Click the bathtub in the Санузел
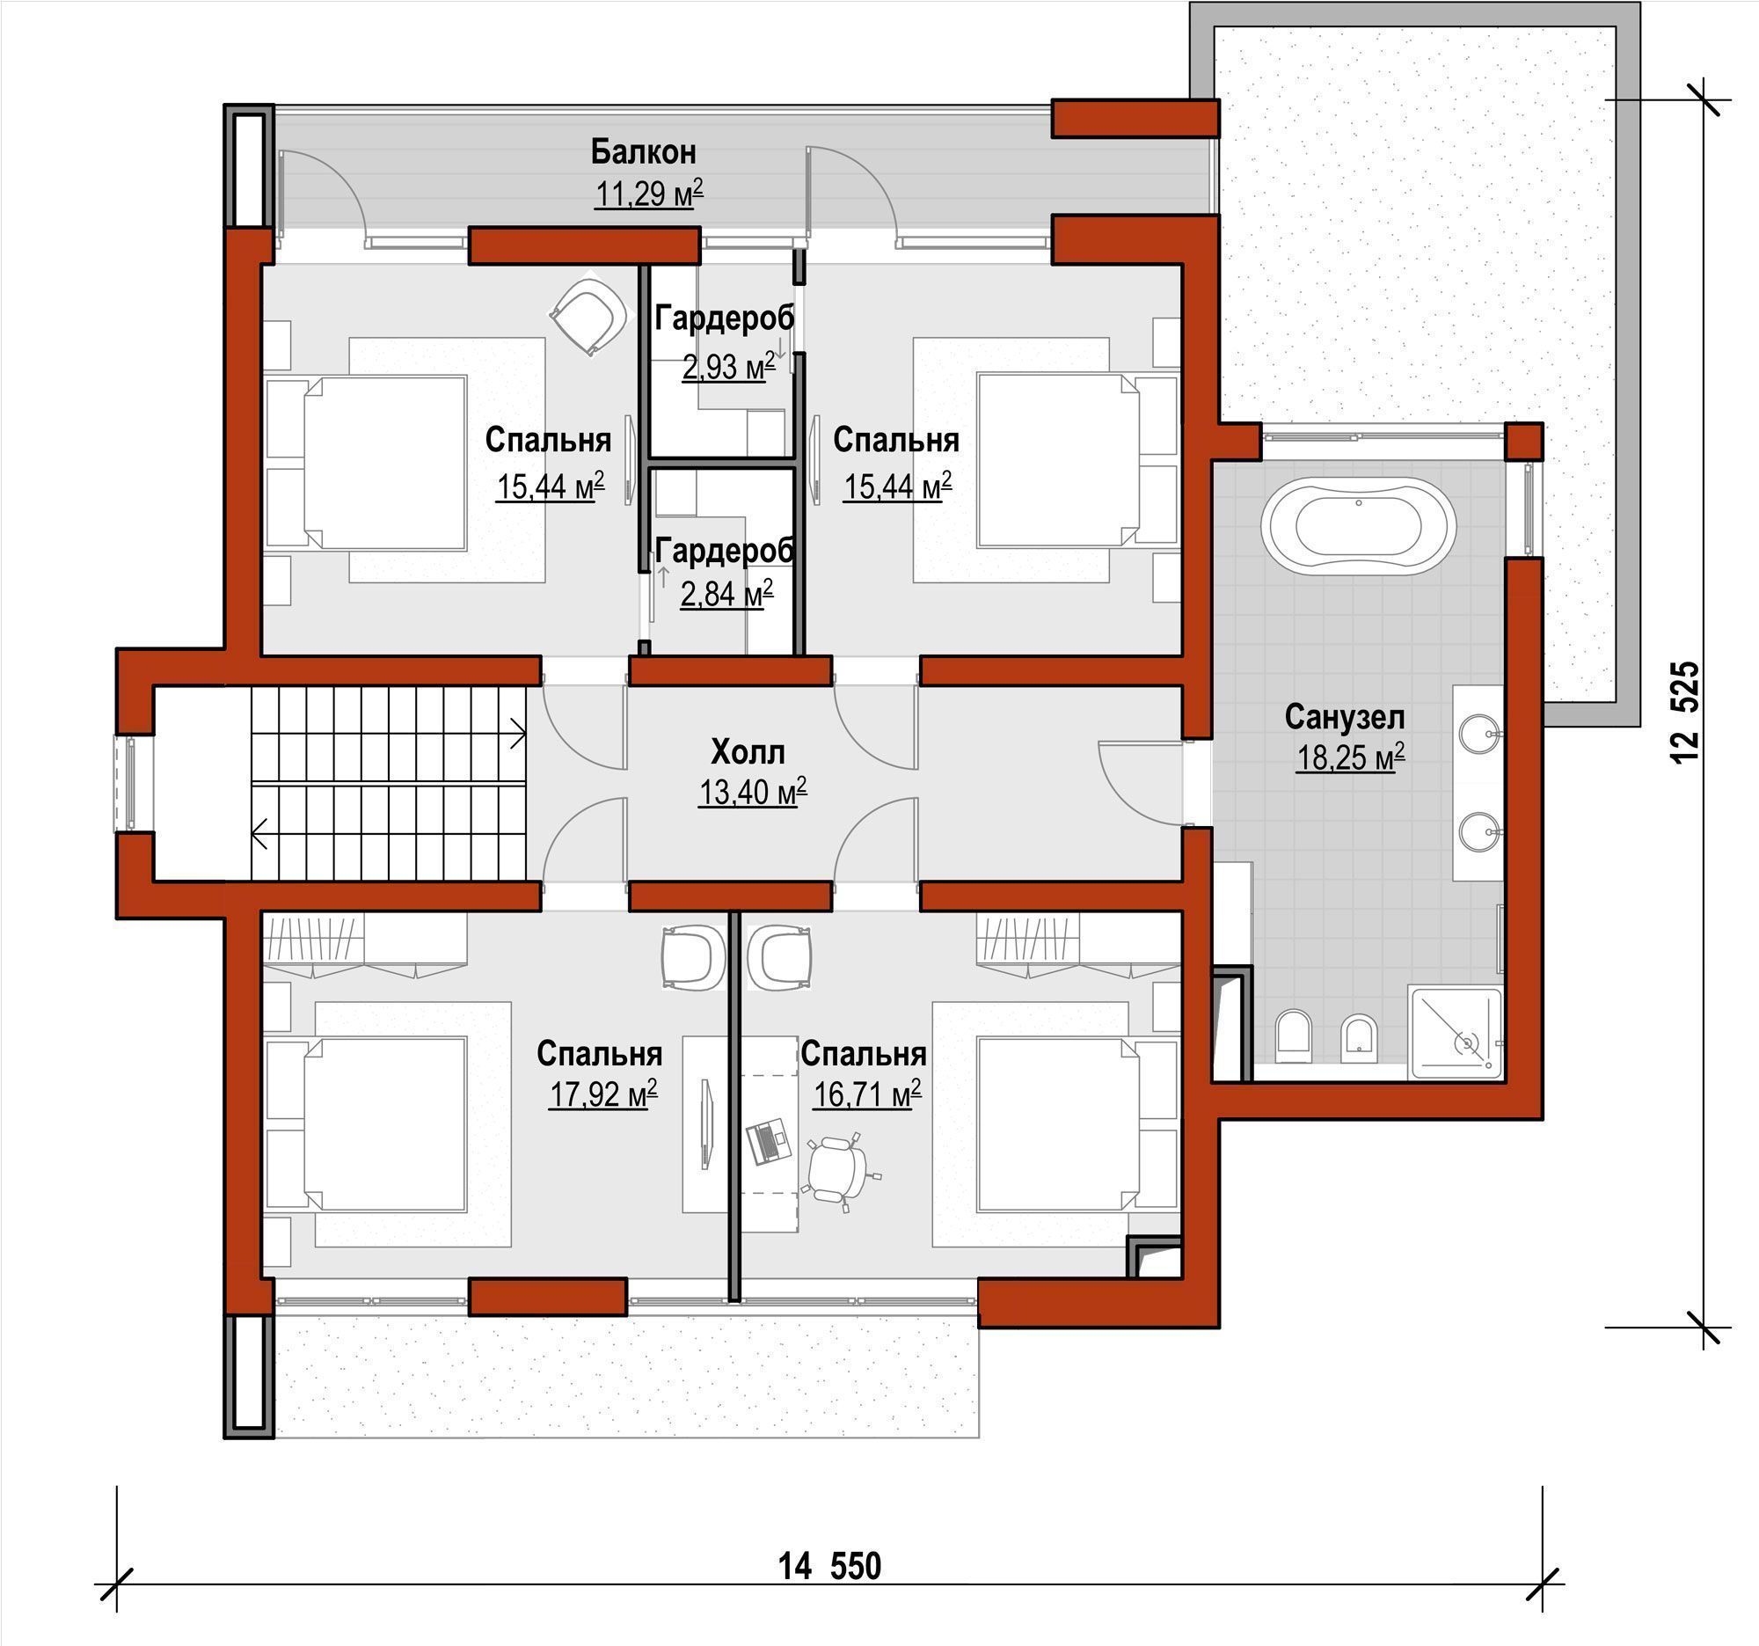tap(1357, 526)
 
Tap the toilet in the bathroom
tap(1293, 1036)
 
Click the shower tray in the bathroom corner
tap(1456, 1033)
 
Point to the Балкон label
tap(643, 152)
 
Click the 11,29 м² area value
tap(648, 193)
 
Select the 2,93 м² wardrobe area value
tap(727, 365)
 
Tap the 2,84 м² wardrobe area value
tap(726, 593)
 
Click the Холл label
tap(748, 752)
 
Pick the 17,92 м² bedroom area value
tap(602, 1094)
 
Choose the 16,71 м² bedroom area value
tap(866, 1094)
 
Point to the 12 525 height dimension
tap(1684, 713)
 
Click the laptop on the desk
tap(766, 1142)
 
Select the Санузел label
tap(1344, 717)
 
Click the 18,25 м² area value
tap(1349, 758)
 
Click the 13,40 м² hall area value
tap(752, 792)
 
